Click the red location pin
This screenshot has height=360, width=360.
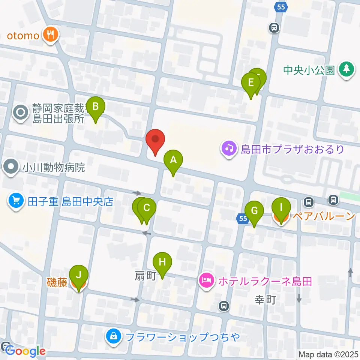click(155, 140)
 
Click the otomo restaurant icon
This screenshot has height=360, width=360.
click(49, 35)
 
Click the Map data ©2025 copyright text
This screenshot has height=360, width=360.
click(328, 354)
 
